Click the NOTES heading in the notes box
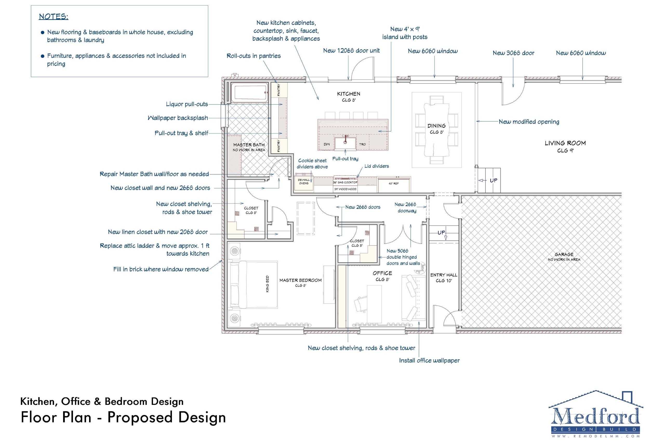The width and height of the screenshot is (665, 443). pos(54,17)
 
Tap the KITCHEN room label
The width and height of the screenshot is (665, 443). pos(348,94)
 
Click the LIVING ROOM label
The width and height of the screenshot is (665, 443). pos(565,143)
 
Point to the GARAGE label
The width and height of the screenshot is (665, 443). pos(564,254)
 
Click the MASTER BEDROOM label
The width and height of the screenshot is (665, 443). pos(300,280)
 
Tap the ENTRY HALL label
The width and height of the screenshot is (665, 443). pos(444,275)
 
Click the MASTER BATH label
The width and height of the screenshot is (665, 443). pos(249,145)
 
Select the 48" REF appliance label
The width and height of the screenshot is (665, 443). pos(393,184)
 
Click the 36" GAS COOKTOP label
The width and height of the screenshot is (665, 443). pos(345,182)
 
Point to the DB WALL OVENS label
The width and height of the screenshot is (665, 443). pos(304,182)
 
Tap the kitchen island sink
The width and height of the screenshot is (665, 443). pos(345,143)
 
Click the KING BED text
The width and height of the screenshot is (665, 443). pos(268,284)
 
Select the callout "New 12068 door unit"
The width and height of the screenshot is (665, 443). pos(351,51)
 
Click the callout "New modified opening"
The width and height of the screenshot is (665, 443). pos(529,122)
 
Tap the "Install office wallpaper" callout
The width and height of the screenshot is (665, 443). pos(429,360)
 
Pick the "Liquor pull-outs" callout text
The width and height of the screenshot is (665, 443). pos(187,104)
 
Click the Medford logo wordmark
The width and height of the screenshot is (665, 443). pos(595,416)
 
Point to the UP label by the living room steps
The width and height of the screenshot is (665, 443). pos(493,180)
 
